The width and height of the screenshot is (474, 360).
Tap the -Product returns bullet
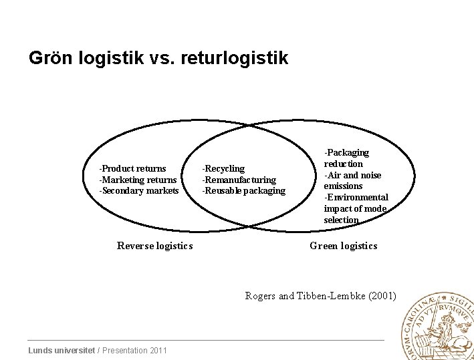(x=132, y=168)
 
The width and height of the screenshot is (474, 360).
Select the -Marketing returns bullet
(x=138, y=180)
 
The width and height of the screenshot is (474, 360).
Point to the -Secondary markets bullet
(x=139, y=191)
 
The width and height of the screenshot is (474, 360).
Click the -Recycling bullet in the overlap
(x=224, y=168)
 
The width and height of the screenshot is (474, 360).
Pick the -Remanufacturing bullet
(x=239, y=180)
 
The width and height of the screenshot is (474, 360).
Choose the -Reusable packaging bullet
(x=244, y=191)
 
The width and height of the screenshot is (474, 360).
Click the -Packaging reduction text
(x=346, y=158)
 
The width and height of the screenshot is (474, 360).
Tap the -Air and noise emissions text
(x=352, y=180)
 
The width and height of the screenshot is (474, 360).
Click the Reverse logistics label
(x=154, y=246)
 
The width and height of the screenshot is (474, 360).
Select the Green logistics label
(x=343, y=246)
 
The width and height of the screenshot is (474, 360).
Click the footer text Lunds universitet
(x=62, y=351)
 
